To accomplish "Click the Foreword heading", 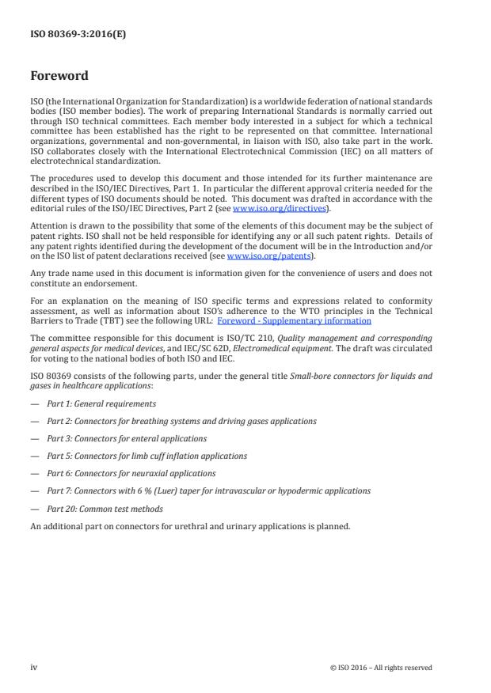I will tap(59, 76).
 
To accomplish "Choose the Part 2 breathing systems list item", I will tap(181, 421).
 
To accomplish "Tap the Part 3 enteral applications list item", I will tap(127, 438).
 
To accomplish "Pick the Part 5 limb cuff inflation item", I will tap(147, 456).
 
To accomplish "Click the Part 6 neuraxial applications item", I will tap(131, 473).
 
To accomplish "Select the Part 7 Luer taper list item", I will tap(208, 490).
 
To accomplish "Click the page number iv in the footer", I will tap(34, 667).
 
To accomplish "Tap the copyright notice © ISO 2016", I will tap(381, 668).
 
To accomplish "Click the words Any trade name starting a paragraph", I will tap(57, 272).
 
